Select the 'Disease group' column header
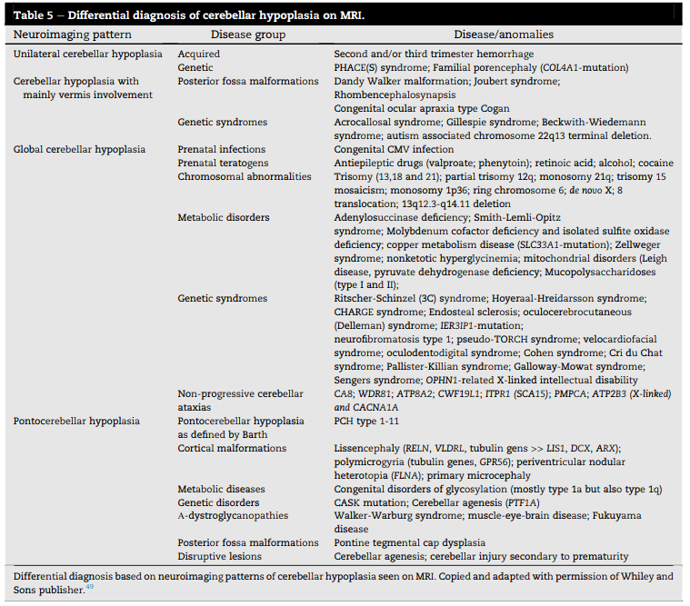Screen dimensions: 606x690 click(x=247, y=35)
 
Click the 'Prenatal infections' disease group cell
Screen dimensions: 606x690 click(x=222, y=149)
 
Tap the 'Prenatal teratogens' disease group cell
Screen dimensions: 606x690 click(x=224, y=163)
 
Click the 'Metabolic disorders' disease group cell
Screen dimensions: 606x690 click(x=224, y=217)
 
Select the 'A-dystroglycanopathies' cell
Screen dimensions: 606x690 click(x=233, y=515)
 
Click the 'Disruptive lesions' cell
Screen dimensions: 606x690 click(x=221, y=556)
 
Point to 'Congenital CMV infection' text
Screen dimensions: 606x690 click(x=394, y=149)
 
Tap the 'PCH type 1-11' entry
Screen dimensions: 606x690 click(x=367, y=421)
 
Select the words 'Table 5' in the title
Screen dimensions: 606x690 click(x=34, y=15)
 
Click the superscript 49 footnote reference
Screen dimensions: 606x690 click(x=89, y=587)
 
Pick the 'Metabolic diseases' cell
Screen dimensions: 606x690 click(x=222, y=489)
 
